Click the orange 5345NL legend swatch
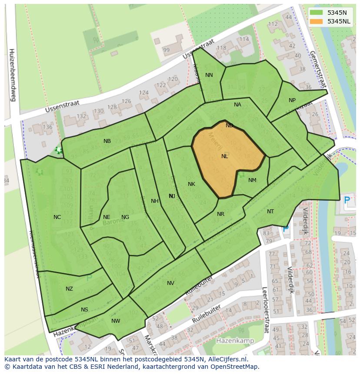point(316,21)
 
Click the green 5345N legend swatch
point(316,13)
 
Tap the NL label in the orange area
point(224,156)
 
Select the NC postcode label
point(57,217)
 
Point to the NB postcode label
point(107,141)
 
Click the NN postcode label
point(209,75)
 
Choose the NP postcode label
point(292,100)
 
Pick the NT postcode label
point(270,212)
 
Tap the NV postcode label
point(170,283)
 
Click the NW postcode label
point(116,321)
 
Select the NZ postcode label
point(69,289)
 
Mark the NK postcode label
point(191,184)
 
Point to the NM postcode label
point(252,180)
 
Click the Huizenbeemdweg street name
point(12,75)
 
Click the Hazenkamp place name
point(235,341)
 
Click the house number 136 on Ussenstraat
point(47,127)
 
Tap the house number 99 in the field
point(166,50)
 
